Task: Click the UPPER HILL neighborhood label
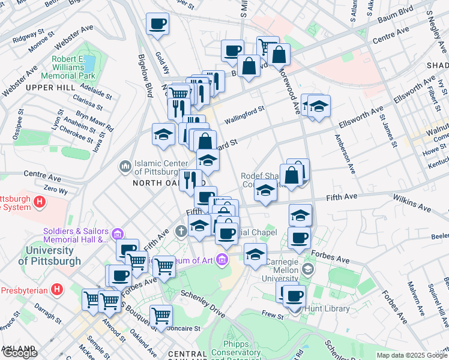49,88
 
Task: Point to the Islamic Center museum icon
125,165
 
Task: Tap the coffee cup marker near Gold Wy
158,25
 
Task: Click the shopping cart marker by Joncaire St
160,314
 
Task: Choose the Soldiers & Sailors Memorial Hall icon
117,233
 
